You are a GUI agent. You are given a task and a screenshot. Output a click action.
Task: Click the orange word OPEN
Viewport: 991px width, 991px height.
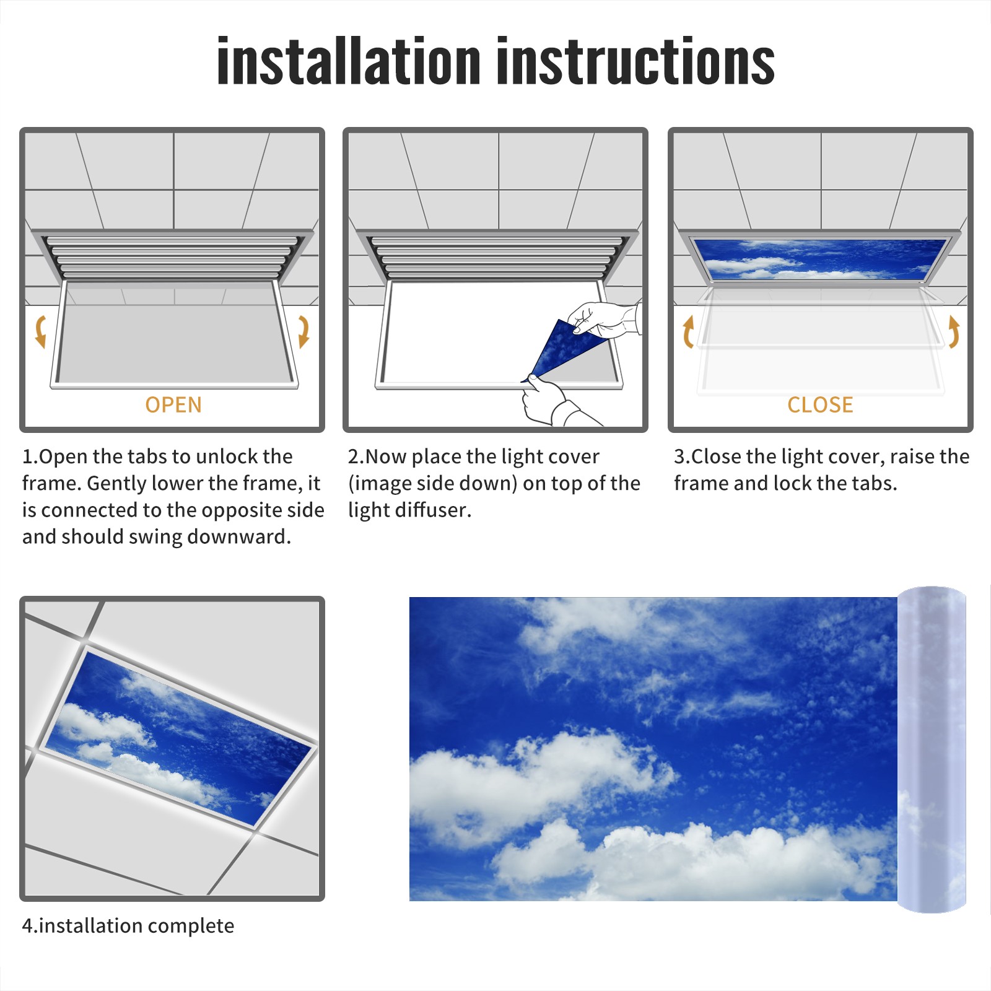pyautogui.click(x=173, y=404)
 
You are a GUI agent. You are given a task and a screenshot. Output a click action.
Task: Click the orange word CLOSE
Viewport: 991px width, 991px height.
pyautogui.click(x=820, y=404)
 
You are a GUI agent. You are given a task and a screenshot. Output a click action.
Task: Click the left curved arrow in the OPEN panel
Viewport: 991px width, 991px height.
pyautogui.click(x=41, y=331)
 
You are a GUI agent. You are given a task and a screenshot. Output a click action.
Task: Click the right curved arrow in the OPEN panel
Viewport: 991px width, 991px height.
pyautogui.click(x=303, y=331)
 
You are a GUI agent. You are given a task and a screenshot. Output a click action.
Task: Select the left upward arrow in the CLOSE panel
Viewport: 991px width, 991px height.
pyautogui.click(x=688, y=331)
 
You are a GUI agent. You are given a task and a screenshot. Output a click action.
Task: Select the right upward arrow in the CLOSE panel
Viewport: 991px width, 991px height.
pyautogui.click(x=954, y=331)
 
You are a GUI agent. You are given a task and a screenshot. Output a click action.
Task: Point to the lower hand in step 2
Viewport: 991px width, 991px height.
pyautogui.click(x=551, y=403)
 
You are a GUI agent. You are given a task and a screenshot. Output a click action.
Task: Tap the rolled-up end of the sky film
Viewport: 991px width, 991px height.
pyautogui.click(x=932, y=749)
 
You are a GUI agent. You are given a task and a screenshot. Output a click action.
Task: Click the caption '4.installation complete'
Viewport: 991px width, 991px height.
pyautogui.click(x=128, y=926)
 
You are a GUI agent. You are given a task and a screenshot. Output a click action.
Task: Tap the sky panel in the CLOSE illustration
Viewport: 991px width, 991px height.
pyautogui.click(x=820, y=258)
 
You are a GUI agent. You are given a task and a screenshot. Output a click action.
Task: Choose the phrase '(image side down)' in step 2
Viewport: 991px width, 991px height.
pyautogui.click(x=432, y=483)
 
